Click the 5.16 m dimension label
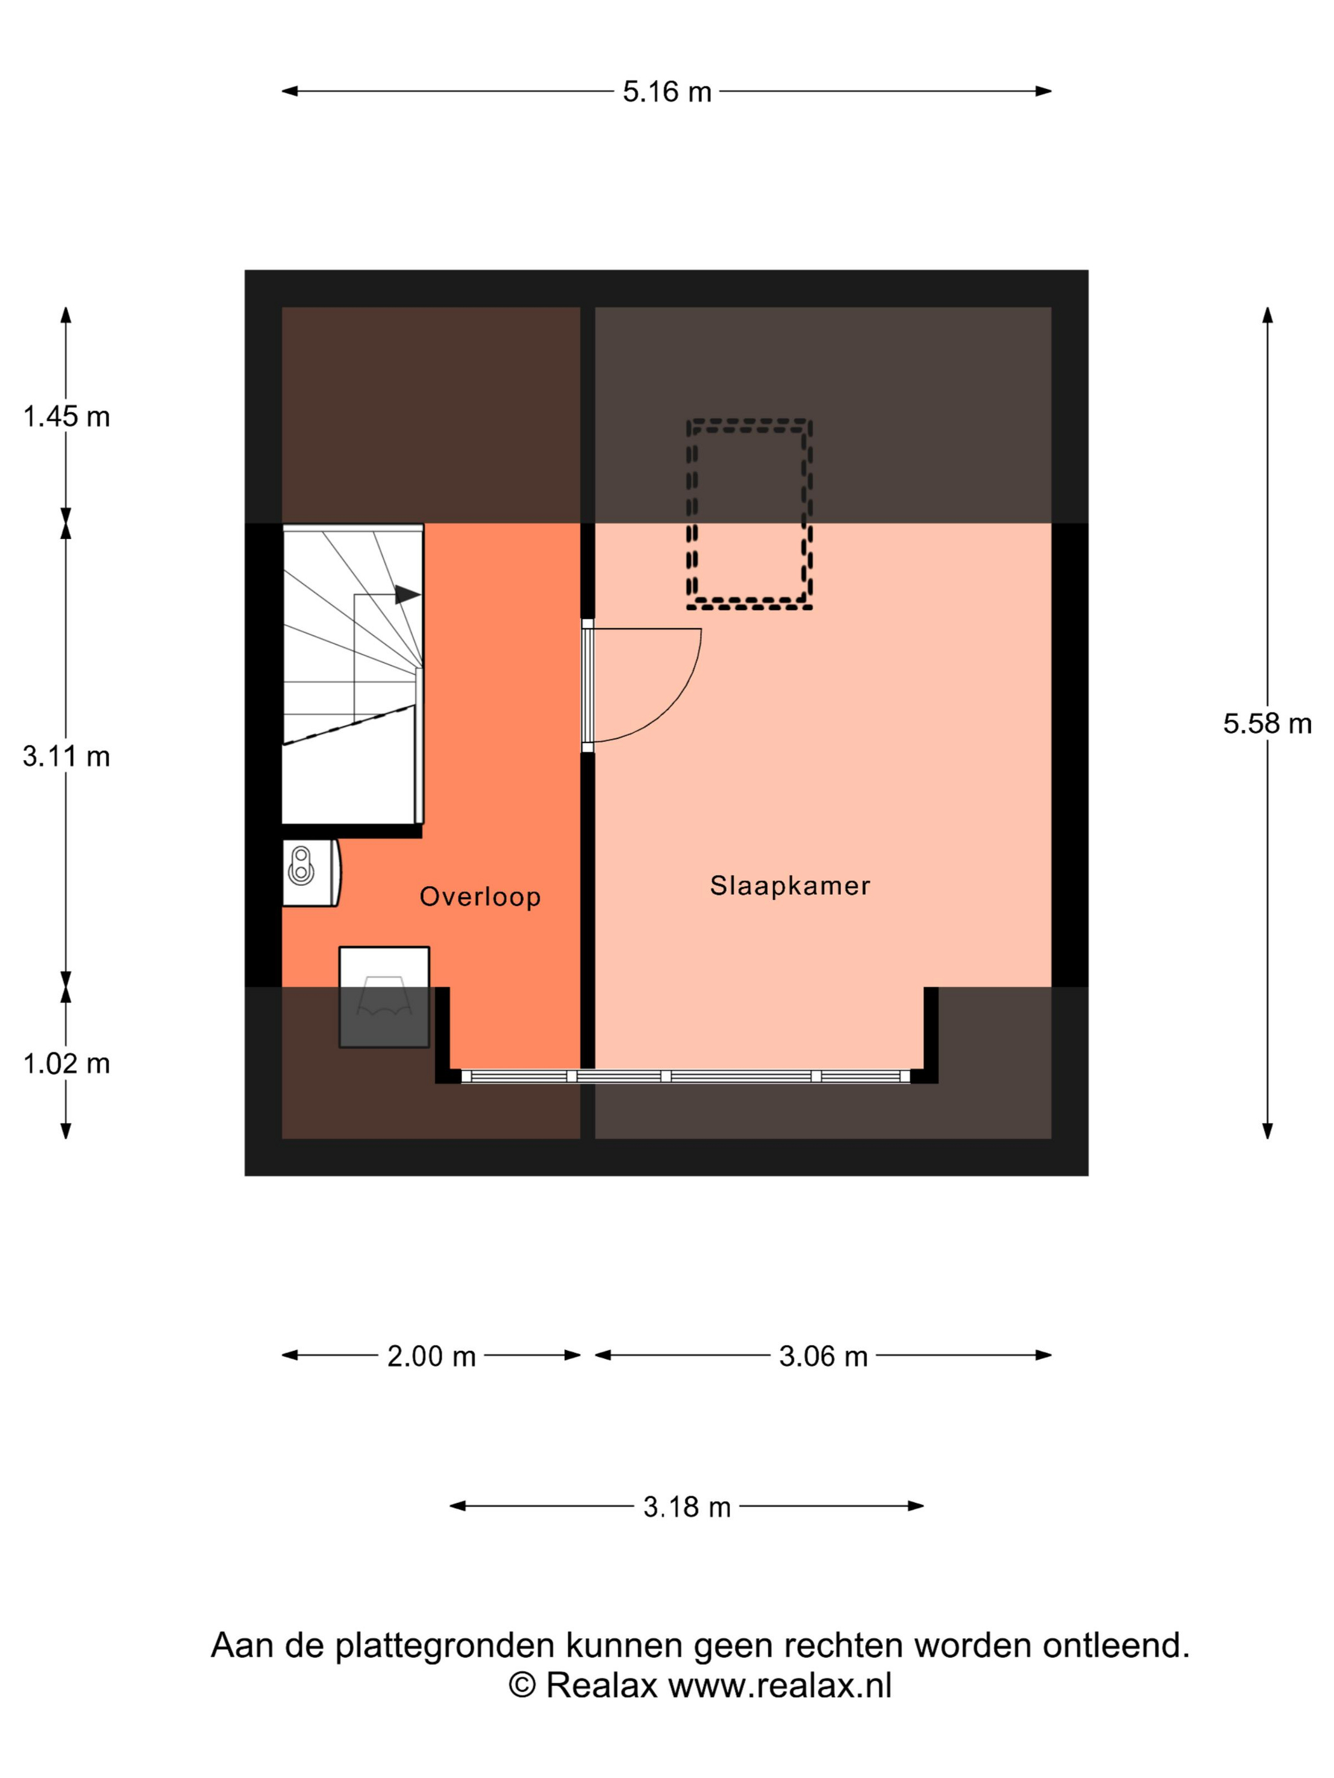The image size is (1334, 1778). click(666, 91)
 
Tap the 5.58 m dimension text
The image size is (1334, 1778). click(1267, 723)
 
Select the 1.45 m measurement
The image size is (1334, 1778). click(66, 417)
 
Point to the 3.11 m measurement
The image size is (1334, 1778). click(66, 756)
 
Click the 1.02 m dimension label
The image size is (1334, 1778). click(66, 1064)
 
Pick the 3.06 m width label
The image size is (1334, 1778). click(823, 1356)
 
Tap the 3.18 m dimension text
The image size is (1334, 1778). click(687, 1506)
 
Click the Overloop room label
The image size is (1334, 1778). click(480, 896)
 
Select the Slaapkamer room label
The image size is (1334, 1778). click(790, 885)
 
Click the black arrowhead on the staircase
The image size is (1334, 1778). click(408, 595)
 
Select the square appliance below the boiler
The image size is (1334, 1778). click(384, 997)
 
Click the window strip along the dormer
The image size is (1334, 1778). click(685, 1076)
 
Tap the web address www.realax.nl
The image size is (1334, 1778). click(780, 1685)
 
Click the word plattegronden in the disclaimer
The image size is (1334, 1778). click(445, 1646)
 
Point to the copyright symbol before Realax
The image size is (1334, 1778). click(522, 1685)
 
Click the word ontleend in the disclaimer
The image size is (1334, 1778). click(1116, 1645)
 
